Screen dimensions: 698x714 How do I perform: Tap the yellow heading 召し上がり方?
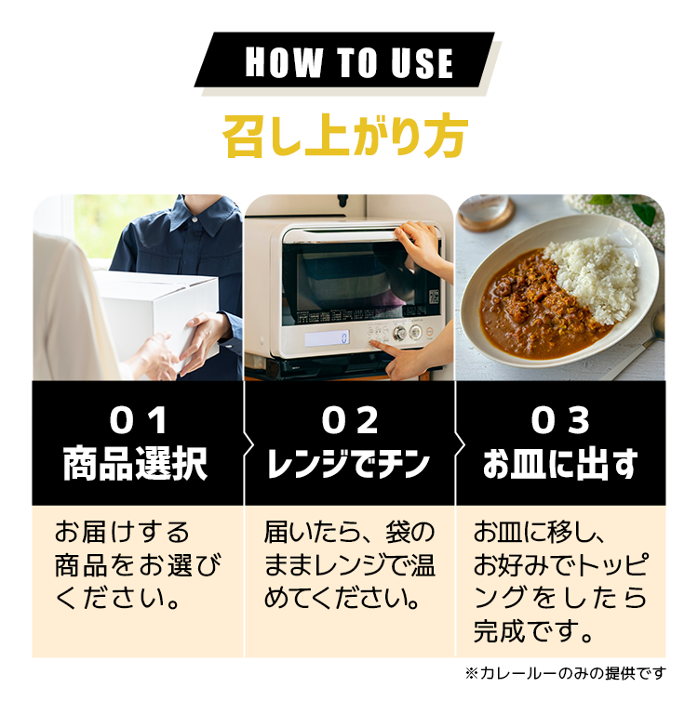tap(345, 136)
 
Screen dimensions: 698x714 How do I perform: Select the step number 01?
tap(138, 421)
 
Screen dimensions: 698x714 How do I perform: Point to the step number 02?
tap(350, 421)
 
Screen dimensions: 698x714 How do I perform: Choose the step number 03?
tap(560, 421)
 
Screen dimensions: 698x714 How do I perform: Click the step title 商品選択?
tap(135, 464)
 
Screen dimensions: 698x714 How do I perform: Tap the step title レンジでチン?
tap(349, 464)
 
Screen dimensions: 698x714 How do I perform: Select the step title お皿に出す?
tap(560, 464)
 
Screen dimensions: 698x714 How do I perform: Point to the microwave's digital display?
tap(327, 337)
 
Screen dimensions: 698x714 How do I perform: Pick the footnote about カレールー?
tap(565, 672)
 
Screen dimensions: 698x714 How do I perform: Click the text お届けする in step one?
tap(122, 532)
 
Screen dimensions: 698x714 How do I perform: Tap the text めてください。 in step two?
tap(342, 598)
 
